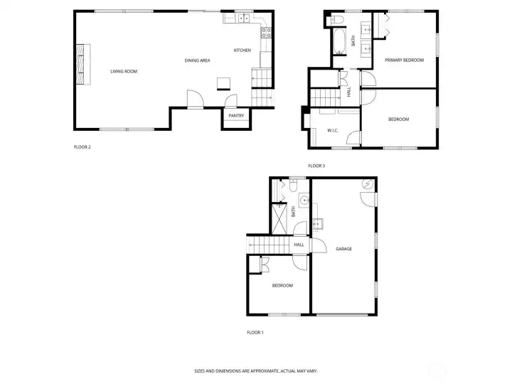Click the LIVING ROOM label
pos(124,71)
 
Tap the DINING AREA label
pos(197,60)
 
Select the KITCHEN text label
pos(242,50)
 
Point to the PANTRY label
pos(236,116)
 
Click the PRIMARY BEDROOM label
pos(404,60)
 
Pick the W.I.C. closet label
pos(333,131)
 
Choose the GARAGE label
pos(344,249)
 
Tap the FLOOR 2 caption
pos(82,147)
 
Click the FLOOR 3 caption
pos(316,166)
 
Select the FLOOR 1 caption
pos(255,332)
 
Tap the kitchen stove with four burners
pos(266,33)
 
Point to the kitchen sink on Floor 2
pos(243,18)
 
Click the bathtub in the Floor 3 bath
pos(339,42)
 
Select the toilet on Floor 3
pos(336,20)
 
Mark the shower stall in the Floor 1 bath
pos(279,219)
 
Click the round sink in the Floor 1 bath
pos(304,200)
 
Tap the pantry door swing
pos(231,100)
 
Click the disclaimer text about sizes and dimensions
pos(256,371)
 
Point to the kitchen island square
pos(224,84)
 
